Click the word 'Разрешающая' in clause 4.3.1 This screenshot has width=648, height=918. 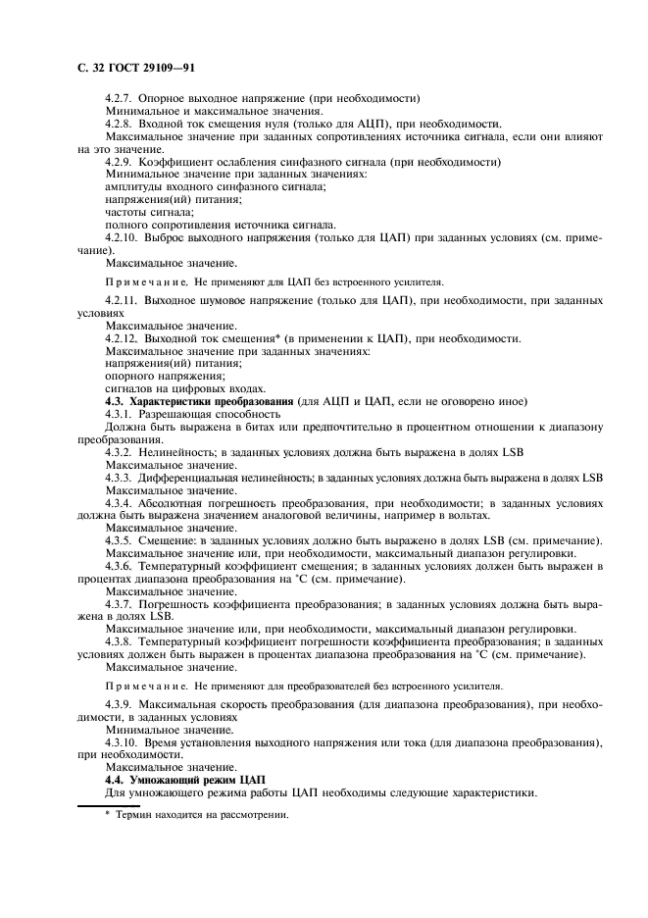(176, 415)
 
